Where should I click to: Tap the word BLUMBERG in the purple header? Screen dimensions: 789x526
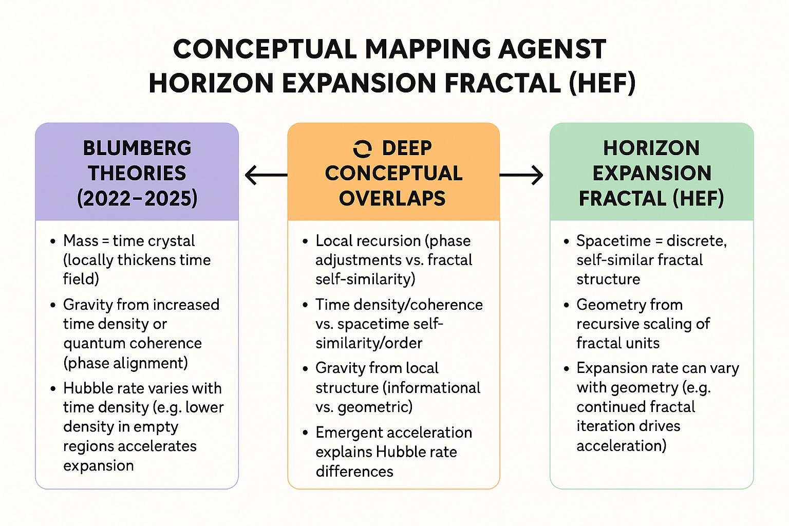tap(137, 148)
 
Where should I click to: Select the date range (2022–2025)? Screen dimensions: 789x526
tap(137, 198)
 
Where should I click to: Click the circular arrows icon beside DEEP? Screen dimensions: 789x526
tap(362, 148)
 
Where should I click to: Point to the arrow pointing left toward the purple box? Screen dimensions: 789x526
tap(266, 175)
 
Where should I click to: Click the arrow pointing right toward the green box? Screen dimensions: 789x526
tap(521, 175)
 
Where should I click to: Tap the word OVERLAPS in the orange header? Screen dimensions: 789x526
tap(392, 198)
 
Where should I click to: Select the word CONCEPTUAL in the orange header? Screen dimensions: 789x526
tap(393, 173)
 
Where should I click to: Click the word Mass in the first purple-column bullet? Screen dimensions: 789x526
tap(81, 240)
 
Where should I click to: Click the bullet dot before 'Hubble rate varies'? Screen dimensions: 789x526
tap(53, 388)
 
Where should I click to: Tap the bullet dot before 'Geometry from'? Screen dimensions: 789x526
tap(566, 305)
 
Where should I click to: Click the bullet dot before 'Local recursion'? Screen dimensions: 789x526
tap(305, 241)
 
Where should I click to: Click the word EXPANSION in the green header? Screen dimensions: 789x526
tap(651, 173)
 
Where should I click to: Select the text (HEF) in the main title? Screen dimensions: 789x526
tap(603, 83)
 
